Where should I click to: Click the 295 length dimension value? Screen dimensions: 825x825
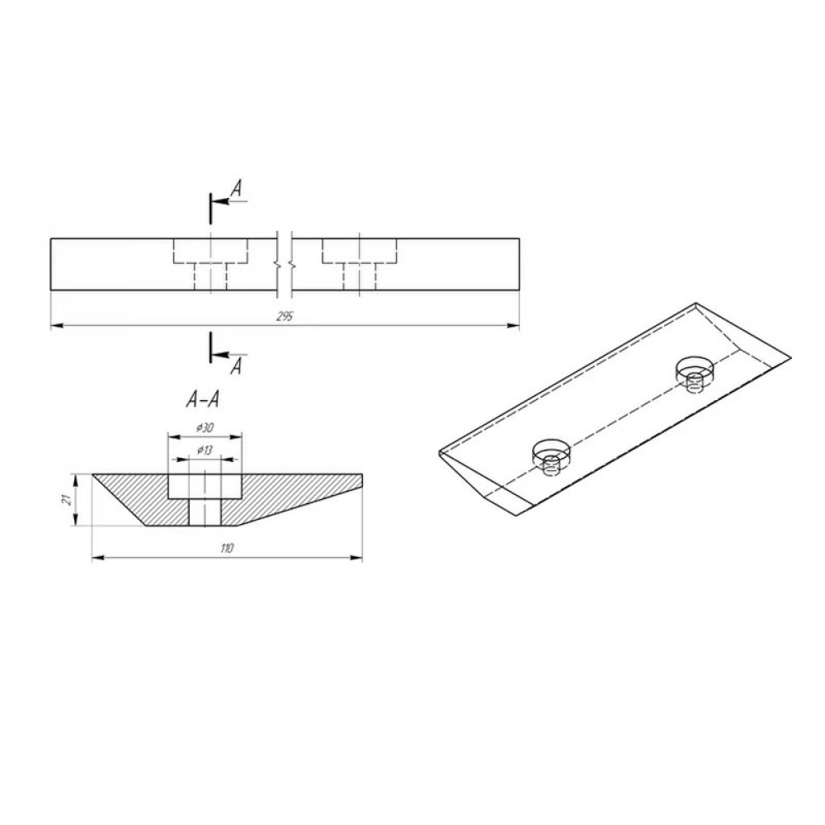[285, 317]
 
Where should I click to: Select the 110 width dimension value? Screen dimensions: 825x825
[227, 549]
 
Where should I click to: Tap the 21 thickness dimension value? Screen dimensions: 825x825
[67, 500]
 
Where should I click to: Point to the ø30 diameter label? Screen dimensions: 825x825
[204, 428]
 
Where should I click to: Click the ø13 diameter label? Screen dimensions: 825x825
[204, 450]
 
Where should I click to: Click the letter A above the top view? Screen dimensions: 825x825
[238, 188]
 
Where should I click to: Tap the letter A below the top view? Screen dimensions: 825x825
[237, 366]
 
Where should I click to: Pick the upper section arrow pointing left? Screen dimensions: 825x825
[229, 201]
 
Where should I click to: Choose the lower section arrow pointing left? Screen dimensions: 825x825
[229, 355]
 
